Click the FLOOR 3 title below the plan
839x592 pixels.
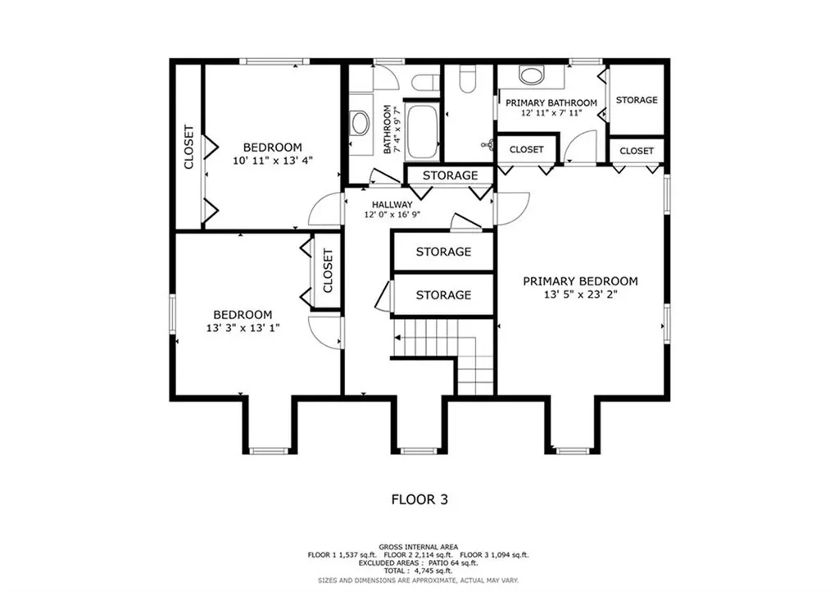[x=419, y=499]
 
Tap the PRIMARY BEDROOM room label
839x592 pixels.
[x=580, y=281]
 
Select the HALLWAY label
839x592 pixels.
[x=392, y=204]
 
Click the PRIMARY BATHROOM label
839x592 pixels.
[x=551, y=102]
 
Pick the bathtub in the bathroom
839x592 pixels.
[x=422, y=131]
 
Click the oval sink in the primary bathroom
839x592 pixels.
[x=531, y=77]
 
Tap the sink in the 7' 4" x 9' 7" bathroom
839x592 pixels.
[x=359, y=124]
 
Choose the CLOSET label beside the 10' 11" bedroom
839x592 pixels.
[x=188, y=148]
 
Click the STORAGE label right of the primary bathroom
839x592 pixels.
[x=637, y=100]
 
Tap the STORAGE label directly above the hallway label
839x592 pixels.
[x=450, y=175]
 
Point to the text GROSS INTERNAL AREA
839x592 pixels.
[x=418, y=546]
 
